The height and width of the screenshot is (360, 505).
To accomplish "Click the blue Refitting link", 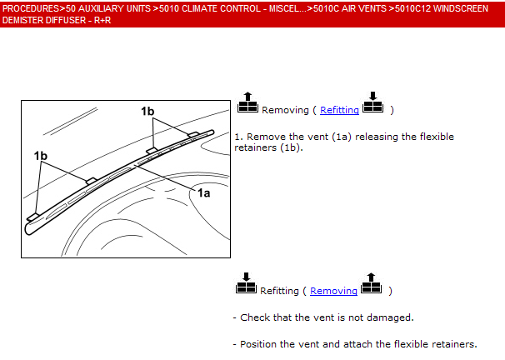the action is [x=339, y=110].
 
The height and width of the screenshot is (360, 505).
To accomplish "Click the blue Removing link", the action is [x=333, y=291].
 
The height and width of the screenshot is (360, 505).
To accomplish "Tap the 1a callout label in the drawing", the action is [x=203, y=192].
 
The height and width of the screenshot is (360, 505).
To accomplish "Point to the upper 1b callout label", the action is [x=147, y=111].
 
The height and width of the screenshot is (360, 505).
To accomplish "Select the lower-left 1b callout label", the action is [x=41, y=156].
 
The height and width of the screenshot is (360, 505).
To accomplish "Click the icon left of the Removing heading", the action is [x=247, y=102].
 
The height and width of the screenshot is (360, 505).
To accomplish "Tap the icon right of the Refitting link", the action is [x=373, y=102].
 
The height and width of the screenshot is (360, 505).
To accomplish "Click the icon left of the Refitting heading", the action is [x=246, y=283].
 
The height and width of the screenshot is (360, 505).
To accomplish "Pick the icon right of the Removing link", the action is [x=371, y=283].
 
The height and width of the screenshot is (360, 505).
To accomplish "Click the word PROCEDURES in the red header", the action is [x=31, y=8].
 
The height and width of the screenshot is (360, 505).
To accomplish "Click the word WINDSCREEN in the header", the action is [x=461, y=8].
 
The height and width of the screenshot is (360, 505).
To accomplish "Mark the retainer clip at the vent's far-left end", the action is [x=32, y=217].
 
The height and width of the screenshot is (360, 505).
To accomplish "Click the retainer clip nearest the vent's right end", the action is [x=193, y=134].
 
